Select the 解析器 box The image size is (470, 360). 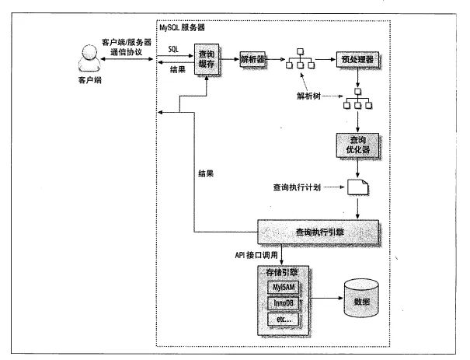(252, 60)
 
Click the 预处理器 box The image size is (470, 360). (358, 59)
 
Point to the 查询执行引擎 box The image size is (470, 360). (319, 232)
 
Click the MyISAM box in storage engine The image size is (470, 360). (281, 288)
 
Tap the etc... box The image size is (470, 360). (281, 320)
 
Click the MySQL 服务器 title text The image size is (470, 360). (181, 28)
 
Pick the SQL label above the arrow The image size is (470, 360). (176, 48)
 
